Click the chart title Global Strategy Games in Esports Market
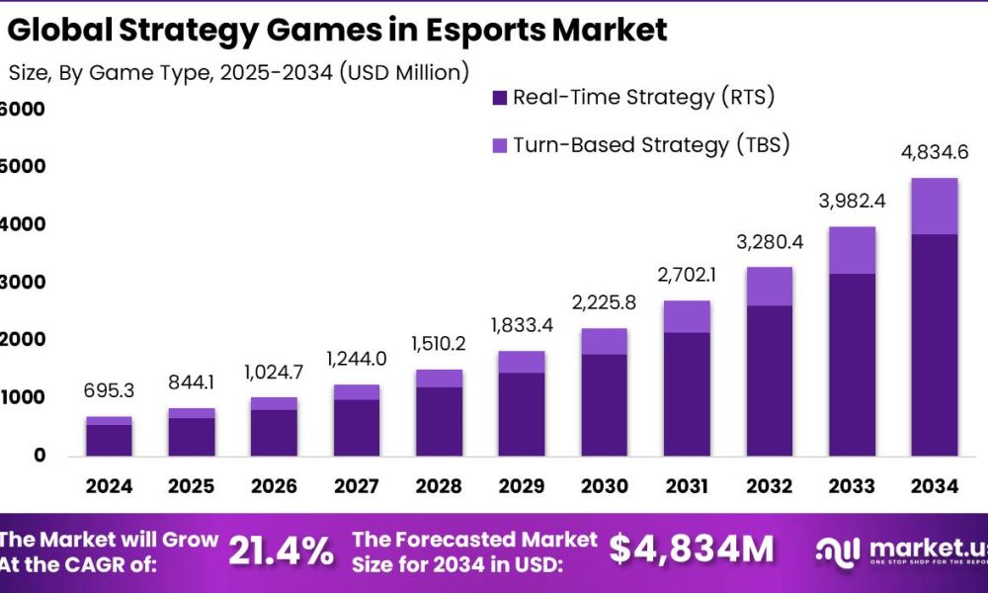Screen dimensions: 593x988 coord(336,30)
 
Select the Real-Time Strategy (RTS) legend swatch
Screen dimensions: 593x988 coord(499,98)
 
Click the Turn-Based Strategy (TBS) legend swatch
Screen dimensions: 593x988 coord(499,145)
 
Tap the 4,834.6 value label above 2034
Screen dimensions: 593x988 coord(933,154)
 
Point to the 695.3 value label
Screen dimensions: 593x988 coord(109,393)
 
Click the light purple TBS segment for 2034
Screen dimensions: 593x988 coord(933,207)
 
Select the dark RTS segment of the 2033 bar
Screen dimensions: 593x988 coord(852,364)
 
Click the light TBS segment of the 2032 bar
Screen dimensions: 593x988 coord(769,287)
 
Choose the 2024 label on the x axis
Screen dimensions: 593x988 coord(109,487)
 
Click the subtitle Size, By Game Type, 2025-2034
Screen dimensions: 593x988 coord(237,72)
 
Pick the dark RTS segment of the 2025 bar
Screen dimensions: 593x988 coord(192,436)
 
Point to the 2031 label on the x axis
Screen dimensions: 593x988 coord(686,487)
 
